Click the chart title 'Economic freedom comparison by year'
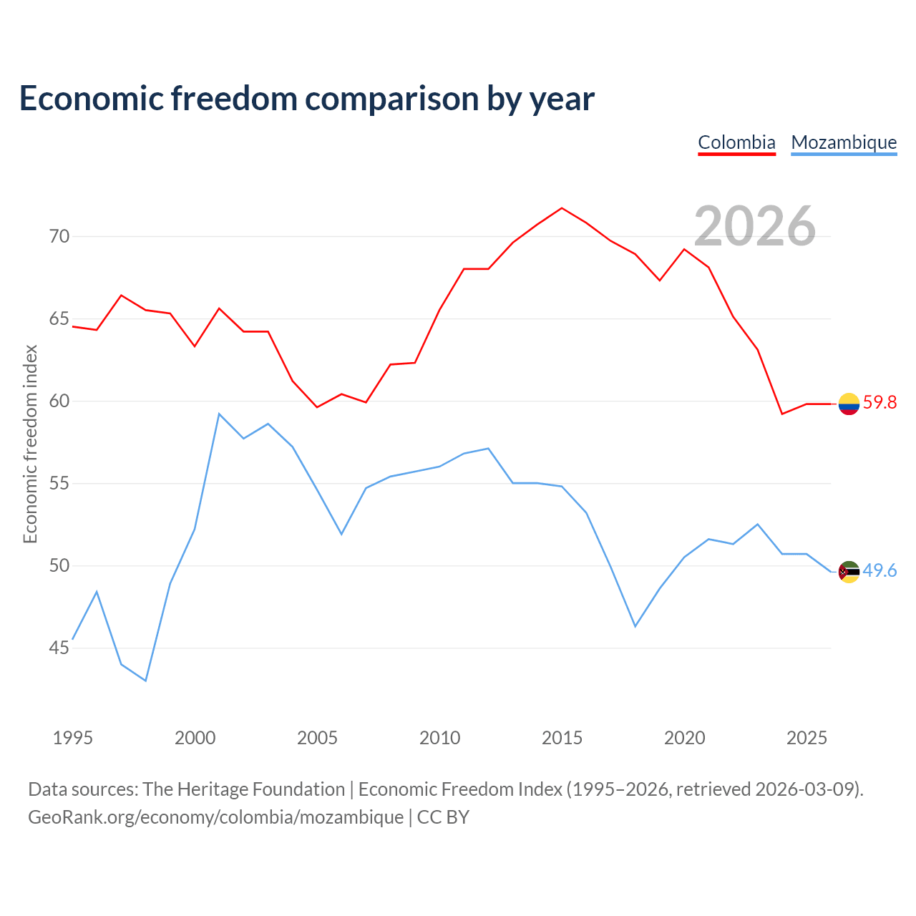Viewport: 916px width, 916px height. coord(306,99)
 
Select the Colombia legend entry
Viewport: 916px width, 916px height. coord(736,142)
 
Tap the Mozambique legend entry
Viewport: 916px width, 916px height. coord(844,142)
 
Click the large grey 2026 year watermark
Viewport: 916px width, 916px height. coord(755,226)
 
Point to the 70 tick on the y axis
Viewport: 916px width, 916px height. coord(59,236)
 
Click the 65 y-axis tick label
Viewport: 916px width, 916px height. coord(59,318)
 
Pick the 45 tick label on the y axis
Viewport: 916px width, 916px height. coord(59,648)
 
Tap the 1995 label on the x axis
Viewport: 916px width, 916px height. coord(73,738)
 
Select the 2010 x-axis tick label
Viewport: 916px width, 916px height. coord(439,738)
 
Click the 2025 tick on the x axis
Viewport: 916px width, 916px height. coord(807,738)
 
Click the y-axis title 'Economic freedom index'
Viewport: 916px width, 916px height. coord(31,444)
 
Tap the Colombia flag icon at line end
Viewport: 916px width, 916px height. coord(849,404)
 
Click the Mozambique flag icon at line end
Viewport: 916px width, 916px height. coord(849,572)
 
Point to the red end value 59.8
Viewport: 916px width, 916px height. coord(880,403)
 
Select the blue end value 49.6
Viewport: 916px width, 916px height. coord(880,570)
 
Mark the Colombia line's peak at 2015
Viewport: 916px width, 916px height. coord(562,208)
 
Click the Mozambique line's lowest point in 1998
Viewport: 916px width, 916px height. coord(145,681)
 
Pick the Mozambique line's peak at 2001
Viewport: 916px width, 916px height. coord(219,414)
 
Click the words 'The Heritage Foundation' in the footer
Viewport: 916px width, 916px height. coord(244,789)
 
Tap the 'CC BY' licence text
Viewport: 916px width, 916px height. coord(443,817)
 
